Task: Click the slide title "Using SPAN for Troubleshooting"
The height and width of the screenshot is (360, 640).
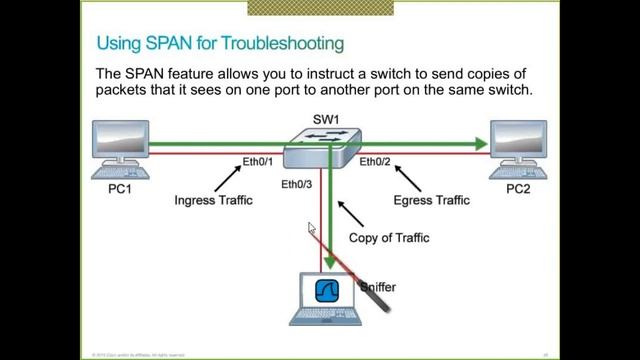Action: (x=220, y=43)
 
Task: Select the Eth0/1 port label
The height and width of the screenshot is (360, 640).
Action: (x=258, y=162)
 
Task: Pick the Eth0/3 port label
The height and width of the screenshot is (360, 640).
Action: (x=297, y=184)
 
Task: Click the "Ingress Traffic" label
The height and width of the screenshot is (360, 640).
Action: (x=213, y=200)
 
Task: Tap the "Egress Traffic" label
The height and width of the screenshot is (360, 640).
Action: (x=431, y=200)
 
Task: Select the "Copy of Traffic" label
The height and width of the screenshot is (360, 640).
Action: (x=389, y=238)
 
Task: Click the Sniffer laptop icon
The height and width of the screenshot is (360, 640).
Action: (x=327, y=298)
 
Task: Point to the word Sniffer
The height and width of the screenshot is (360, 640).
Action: (x=377, y=287)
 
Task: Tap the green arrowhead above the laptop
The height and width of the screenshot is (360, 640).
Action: (x=329, y=262)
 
